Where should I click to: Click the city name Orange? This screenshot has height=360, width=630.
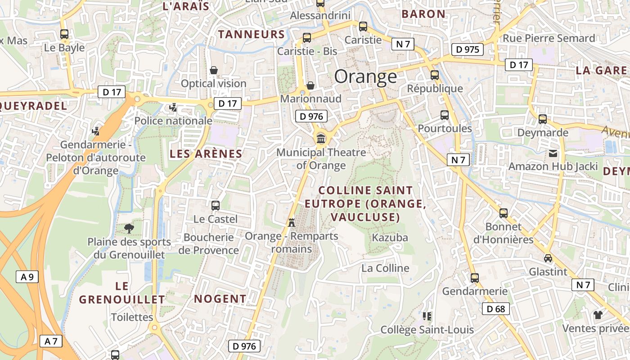tap(365, 77)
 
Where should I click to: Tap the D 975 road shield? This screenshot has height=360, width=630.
tap(467, 49)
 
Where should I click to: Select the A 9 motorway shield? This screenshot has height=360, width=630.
tap(27, 277)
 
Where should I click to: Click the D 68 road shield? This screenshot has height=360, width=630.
tap(496, 309)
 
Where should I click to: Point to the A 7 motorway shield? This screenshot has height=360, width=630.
tap(51, 341)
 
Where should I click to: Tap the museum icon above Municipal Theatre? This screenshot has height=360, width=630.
tap(321, 138)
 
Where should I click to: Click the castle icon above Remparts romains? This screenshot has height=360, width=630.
tap(292, 222)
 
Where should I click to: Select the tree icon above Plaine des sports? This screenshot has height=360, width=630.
tap(129, 228)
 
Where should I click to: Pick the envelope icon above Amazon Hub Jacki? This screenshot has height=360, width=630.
tap(553, 153)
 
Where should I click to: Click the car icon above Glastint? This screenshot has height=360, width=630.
tap(548, 258)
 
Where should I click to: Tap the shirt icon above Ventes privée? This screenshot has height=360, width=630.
tap(598, 315)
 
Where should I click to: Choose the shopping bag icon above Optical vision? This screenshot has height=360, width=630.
tap(214, 70)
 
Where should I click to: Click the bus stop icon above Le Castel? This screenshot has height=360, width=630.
tap(216, 206)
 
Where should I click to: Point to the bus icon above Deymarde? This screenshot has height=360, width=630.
tap(543, 119)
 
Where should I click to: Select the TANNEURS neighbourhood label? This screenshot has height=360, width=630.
tap(252, 34)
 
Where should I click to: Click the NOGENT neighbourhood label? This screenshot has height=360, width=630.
tap(220, 299)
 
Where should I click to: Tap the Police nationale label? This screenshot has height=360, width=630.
tap(173, 121)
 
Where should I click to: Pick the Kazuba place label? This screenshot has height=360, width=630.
tap(390, 238)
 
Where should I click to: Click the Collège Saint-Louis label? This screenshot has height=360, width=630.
tap(427, 330)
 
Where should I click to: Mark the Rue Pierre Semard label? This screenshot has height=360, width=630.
tap(549, 38)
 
